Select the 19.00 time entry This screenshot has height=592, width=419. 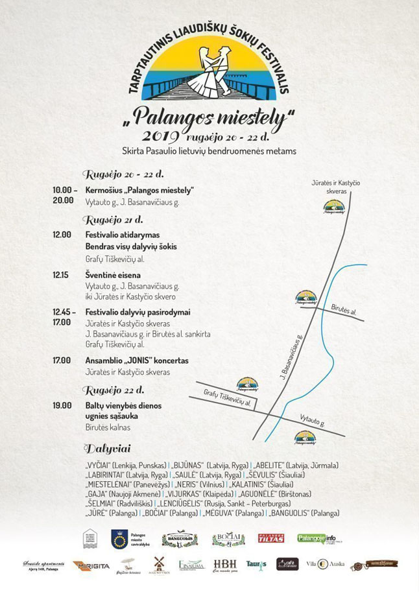click(62, 405)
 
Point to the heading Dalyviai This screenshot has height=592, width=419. click(107, 449)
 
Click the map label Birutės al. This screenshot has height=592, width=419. click(344, 311)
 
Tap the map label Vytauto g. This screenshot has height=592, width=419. click(312, 420)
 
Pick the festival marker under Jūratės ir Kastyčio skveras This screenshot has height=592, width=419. click(334, 207)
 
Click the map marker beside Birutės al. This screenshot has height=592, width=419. click(305, 297)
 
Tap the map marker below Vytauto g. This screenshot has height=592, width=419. click(305, 438)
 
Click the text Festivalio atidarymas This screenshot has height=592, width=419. click(123, 234)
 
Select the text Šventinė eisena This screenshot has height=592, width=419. click(113, 275)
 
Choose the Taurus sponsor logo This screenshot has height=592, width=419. click(256, 565)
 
